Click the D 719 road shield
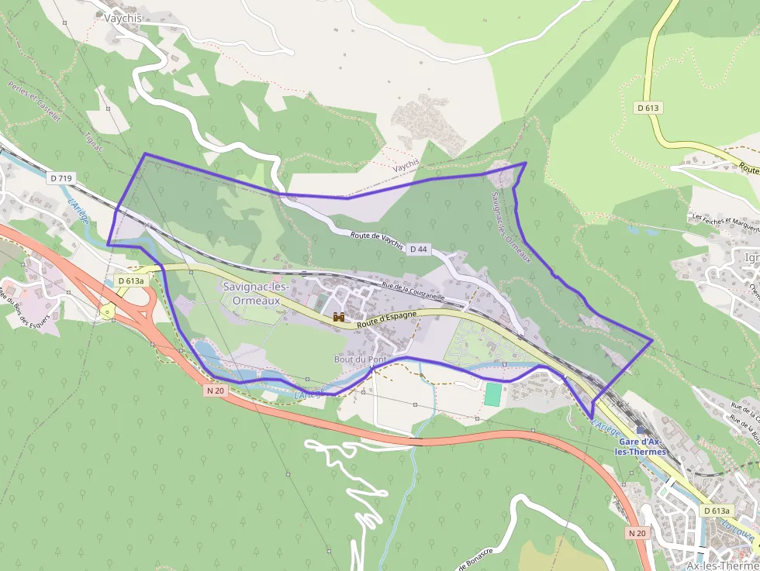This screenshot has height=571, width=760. [x=60, y=178]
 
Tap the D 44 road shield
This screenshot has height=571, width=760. [x=419, y=249]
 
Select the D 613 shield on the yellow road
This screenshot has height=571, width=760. [x=648, y=108]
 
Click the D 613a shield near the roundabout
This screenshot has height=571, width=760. [x=131, y=280]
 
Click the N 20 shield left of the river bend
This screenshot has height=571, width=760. [x=216, y=391]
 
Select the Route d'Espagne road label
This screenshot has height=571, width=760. [x=387, y=318]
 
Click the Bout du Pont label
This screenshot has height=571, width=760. [x=360, y=359]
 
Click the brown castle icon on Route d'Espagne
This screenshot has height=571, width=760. [x=338, y=317]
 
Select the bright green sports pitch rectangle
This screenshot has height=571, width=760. [x=493, y=394]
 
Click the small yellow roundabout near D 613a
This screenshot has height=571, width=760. [x=107, y=311]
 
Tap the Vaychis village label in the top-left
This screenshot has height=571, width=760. [x=121, y=17]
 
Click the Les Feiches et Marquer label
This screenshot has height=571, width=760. [x=725, y=222]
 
